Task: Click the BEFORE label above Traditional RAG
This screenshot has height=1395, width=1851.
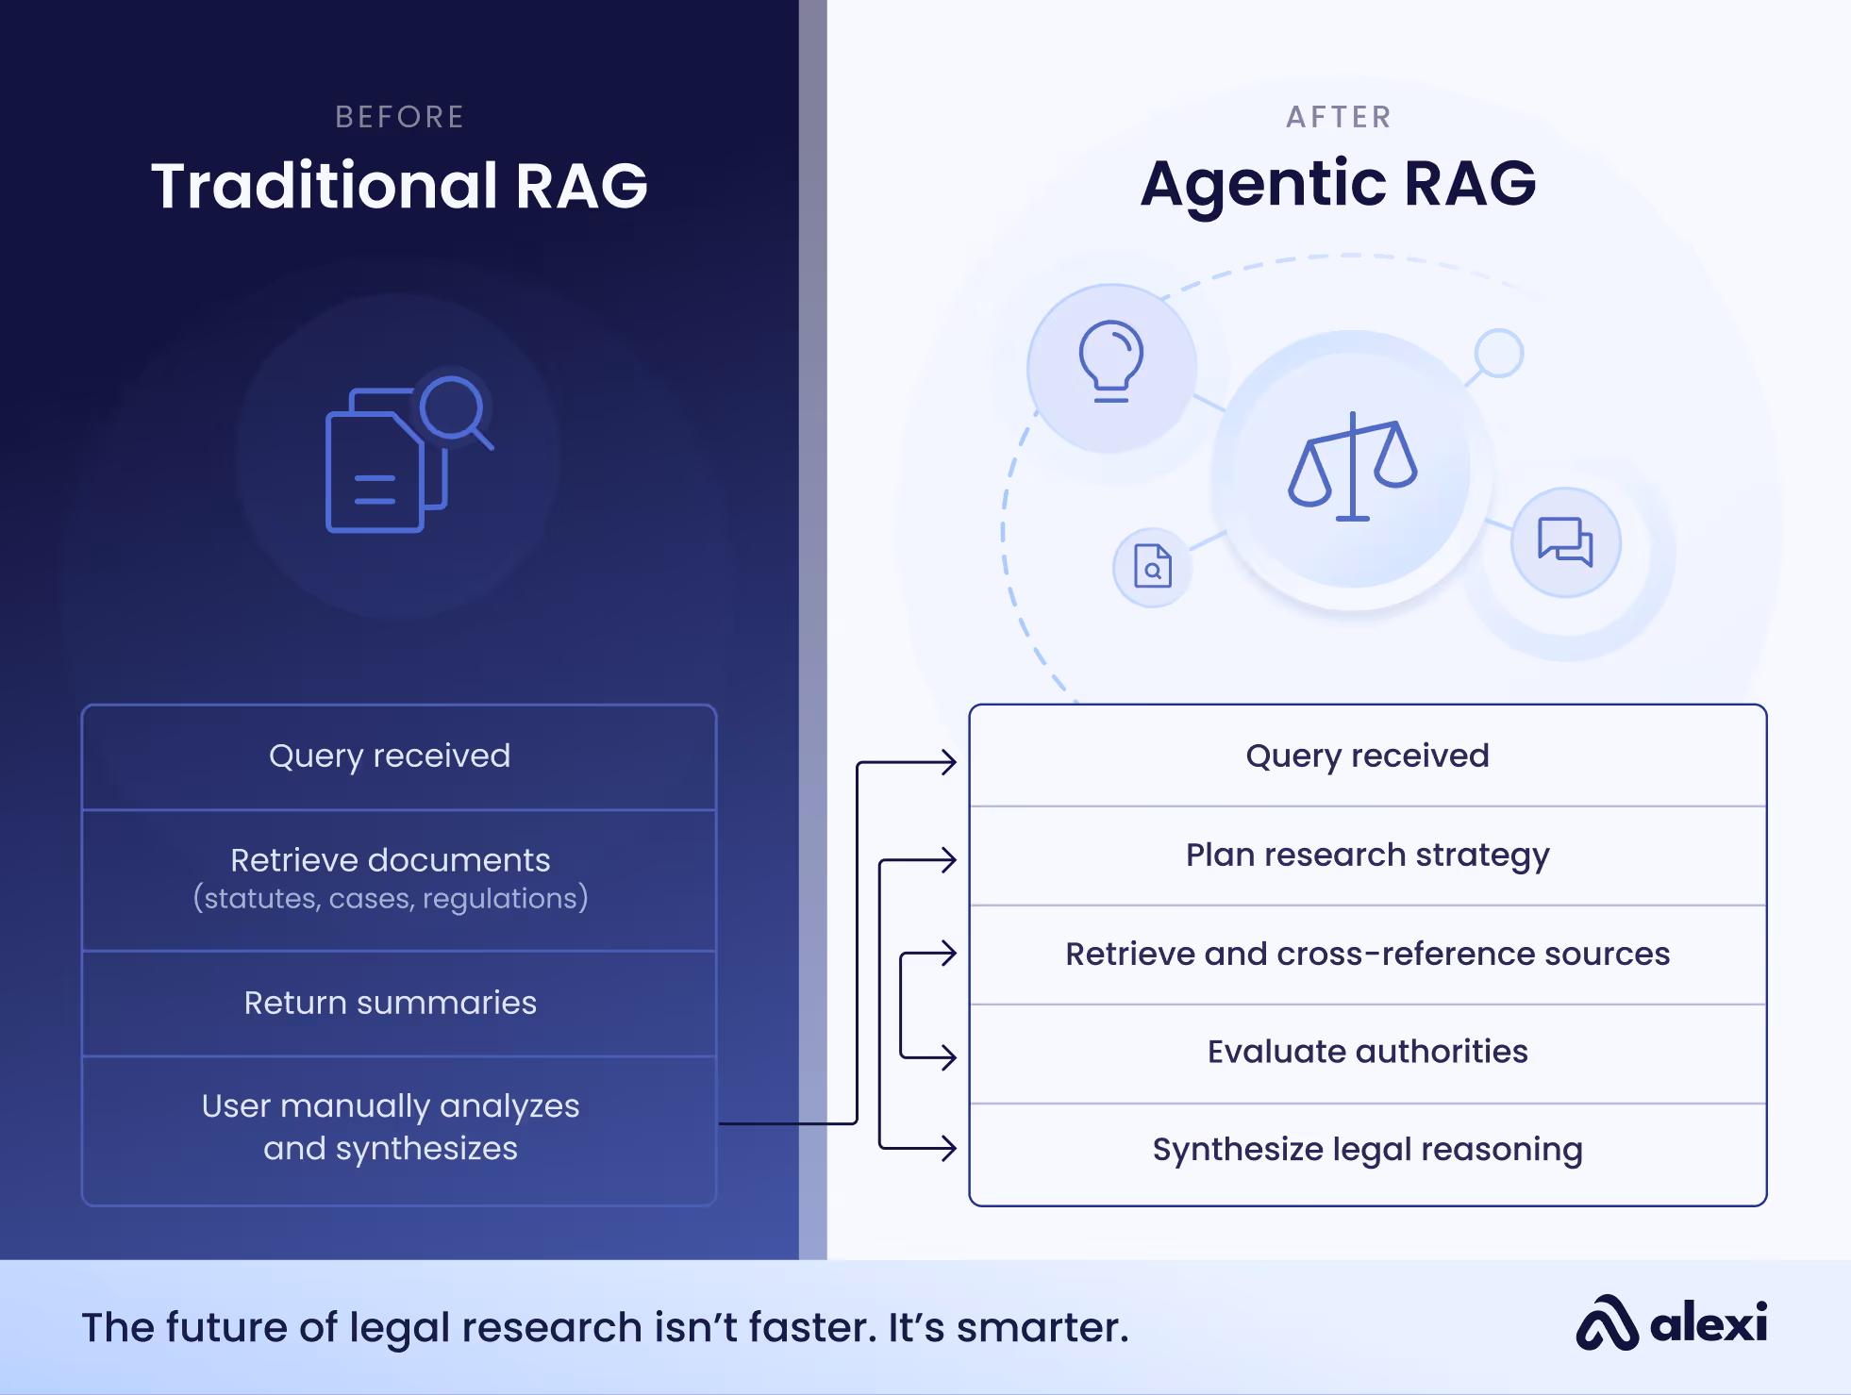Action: pyautogui.click(x=400, y=117)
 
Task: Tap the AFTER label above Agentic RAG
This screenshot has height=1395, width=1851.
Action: pyautogui.click(x=1339, y=117)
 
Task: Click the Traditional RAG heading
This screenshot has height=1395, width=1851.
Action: pyautogui.click(x=400, y=185)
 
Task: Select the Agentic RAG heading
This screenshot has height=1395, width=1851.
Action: pyautogui.click(x=1339, y=183)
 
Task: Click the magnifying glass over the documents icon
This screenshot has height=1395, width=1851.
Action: pyautogui.click(x=455, y=409)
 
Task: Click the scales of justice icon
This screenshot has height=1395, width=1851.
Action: pyautogui.click(x=1353, y=466)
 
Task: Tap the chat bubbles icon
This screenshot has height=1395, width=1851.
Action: pyautogui.click(x=1565, y=541)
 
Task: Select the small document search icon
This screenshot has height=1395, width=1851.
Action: pyautogui.click(x=1152, y=567)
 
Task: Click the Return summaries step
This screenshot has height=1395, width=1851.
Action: pyautogui.click(x=390, y=1003)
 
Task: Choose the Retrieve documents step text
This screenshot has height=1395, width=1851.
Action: pyautogui.click(x=390, y=860)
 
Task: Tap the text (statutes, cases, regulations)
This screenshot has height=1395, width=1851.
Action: pyautogui.click(x=390, y=898)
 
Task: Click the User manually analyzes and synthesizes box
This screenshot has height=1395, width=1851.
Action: pyautogui.click(x=390, y=1127)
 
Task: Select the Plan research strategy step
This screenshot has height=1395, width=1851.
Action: pyautogui.click(x=1367, y=855)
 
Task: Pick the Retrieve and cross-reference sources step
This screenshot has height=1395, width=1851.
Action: pyautogui.click(x=1367, y=955)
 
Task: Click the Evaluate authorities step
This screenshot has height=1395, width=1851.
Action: pyautogui.click(x=1367, y=1052)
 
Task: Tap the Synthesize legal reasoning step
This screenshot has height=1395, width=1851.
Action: pyautogui.click(x=1367, y=1150)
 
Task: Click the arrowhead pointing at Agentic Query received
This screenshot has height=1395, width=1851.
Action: pyautogui.click(x=949, y=762)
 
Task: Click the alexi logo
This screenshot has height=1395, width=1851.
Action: pyautogui.click(x=1671, y=1323)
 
